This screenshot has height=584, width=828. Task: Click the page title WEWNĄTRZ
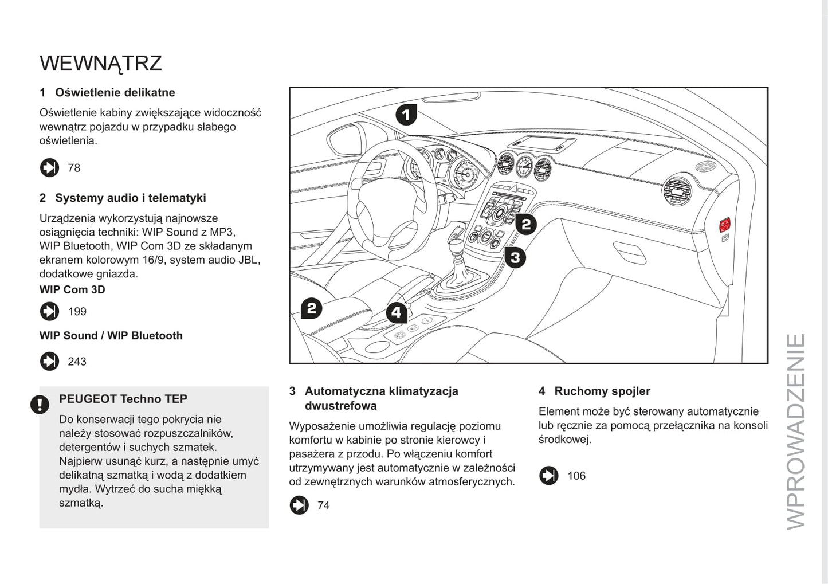pyautogui.click(x=101, y=63)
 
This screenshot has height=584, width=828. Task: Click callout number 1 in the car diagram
pyautogui.click(x=406, y=115)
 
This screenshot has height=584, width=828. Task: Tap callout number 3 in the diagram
pyautogui.click(x=515, y=258)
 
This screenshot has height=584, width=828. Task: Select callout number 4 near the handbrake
pyautogui.click(x=397, y=313)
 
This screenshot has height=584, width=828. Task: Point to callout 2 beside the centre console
pyautogui.click(x=525, y=224)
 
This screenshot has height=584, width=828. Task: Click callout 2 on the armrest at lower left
pyautogui.click(x=312, y=309)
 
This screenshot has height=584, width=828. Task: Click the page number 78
pyautogui.click(x=74, y=168)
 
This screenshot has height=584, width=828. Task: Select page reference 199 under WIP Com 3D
pyautogui.click(x=77, y=312)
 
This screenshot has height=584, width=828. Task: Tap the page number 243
pyautogui.click(x=77, y=362)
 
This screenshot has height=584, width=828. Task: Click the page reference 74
pyautogui.click(x=324, y=505)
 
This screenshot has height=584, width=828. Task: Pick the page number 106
pyautogui.click(x=576, y=476)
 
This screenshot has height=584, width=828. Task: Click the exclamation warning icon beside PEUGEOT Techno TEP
pyautogui.click(x=40, y=405)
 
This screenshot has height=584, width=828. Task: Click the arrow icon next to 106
pyautogui.click(x=548, y=476)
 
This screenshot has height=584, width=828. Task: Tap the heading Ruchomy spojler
pyautogui.click(x=602, y=391)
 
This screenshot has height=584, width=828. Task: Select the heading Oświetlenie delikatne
pyautogui.click(x=115, y=93)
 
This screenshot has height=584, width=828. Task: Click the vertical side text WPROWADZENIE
pyautogui.click(x=796, y=431)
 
